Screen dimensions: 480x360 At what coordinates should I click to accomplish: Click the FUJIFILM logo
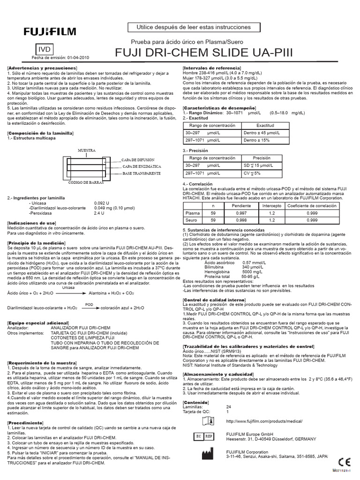pyautogui.click(x=50, y=32)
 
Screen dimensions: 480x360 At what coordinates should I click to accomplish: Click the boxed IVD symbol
pyautogui.click(x=44, y=49)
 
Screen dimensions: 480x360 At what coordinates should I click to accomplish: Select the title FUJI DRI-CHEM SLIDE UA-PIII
pyautogui.click(x=204, y=52)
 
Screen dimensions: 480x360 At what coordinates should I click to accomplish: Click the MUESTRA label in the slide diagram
pyautogui.click(x=87, y=150)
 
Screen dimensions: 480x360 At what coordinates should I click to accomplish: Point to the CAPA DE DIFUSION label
pyautogui.click(x=141, y=160)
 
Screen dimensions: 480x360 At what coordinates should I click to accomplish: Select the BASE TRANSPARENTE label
pyautogui.click(x=142, y=173)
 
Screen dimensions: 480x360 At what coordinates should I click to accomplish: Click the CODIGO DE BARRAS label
pyautogui.click(x=86, y=182)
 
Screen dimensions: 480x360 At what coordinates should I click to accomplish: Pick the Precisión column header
pyautogui.click(x=262, y=158)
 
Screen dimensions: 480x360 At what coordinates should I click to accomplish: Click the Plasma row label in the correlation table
pyautogui.click(x=192, y=213)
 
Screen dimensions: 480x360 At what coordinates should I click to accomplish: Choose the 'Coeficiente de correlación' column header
pyautogui.click(x=311, y=206)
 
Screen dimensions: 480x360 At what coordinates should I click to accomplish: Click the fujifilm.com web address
pyautogui.click(x=264, y=421)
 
